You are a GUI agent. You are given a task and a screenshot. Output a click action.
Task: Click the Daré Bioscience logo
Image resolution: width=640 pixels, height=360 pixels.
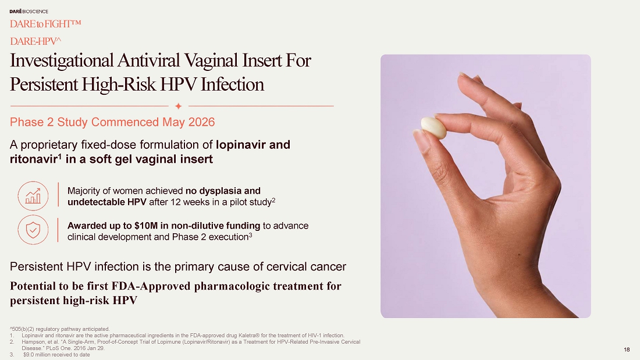click(x=29, y=12)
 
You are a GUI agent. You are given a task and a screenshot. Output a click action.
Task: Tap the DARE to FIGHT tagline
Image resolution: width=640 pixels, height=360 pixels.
click(x=45, y=24)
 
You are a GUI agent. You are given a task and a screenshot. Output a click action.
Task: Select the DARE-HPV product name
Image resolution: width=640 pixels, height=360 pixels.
click(x=35, y=41)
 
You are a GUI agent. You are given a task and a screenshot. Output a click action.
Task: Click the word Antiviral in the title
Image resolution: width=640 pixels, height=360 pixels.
click(x=148, y=60)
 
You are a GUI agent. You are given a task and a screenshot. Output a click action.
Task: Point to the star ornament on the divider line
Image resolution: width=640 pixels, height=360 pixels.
click(x=179, y=106)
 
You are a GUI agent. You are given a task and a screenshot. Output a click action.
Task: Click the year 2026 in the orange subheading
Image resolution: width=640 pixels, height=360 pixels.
click(x=201, y=122)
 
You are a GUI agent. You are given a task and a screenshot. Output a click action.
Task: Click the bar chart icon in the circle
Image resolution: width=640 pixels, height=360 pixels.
click(x=33, y=196)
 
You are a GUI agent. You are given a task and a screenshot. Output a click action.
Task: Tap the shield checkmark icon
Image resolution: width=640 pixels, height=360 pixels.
click(x=33, y=230)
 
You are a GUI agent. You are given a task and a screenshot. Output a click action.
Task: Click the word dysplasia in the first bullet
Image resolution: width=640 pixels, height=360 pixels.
click(x=220, y=191)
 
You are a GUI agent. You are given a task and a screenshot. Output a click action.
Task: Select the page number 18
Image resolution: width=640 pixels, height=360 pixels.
click(x=627, y=350)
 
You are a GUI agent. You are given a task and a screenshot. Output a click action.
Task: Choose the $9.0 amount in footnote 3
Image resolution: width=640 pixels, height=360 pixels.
click(x=30, y=355)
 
